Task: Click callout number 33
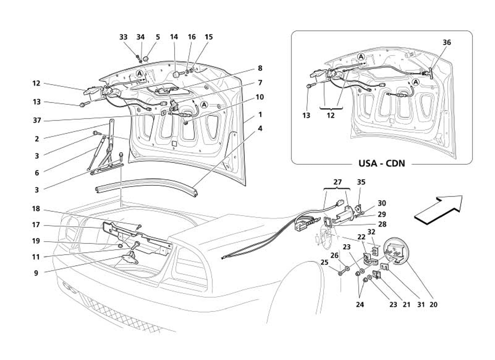tap(123, 37)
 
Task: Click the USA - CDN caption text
tap(382, 163)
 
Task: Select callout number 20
tap(433, 305)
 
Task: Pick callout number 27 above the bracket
tap(337, 182)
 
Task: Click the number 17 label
tap(36, 225)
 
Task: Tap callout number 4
tap(260, 129)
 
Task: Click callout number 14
tap(174, 37)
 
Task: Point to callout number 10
tap(260, 97)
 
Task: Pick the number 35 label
tap(361, 182)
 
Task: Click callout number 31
tap(421, 305)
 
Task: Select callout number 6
tap(36, 173)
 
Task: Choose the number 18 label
tap(36, 209)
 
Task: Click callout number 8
tap(260, 69)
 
